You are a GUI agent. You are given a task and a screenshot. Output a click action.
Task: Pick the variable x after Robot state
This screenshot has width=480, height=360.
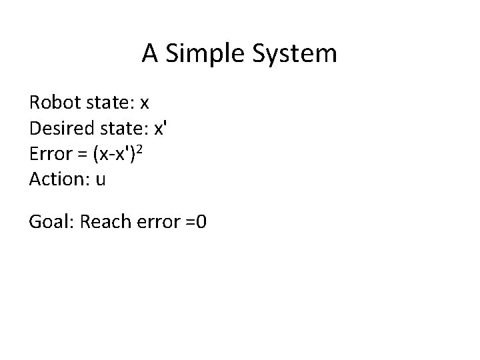coord(144,104)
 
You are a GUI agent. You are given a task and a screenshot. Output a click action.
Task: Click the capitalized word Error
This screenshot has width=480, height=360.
coord(49,154)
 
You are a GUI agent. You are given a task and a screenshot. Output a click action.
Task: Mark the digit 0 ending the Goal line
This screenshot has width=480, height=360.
coord(201,222)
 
